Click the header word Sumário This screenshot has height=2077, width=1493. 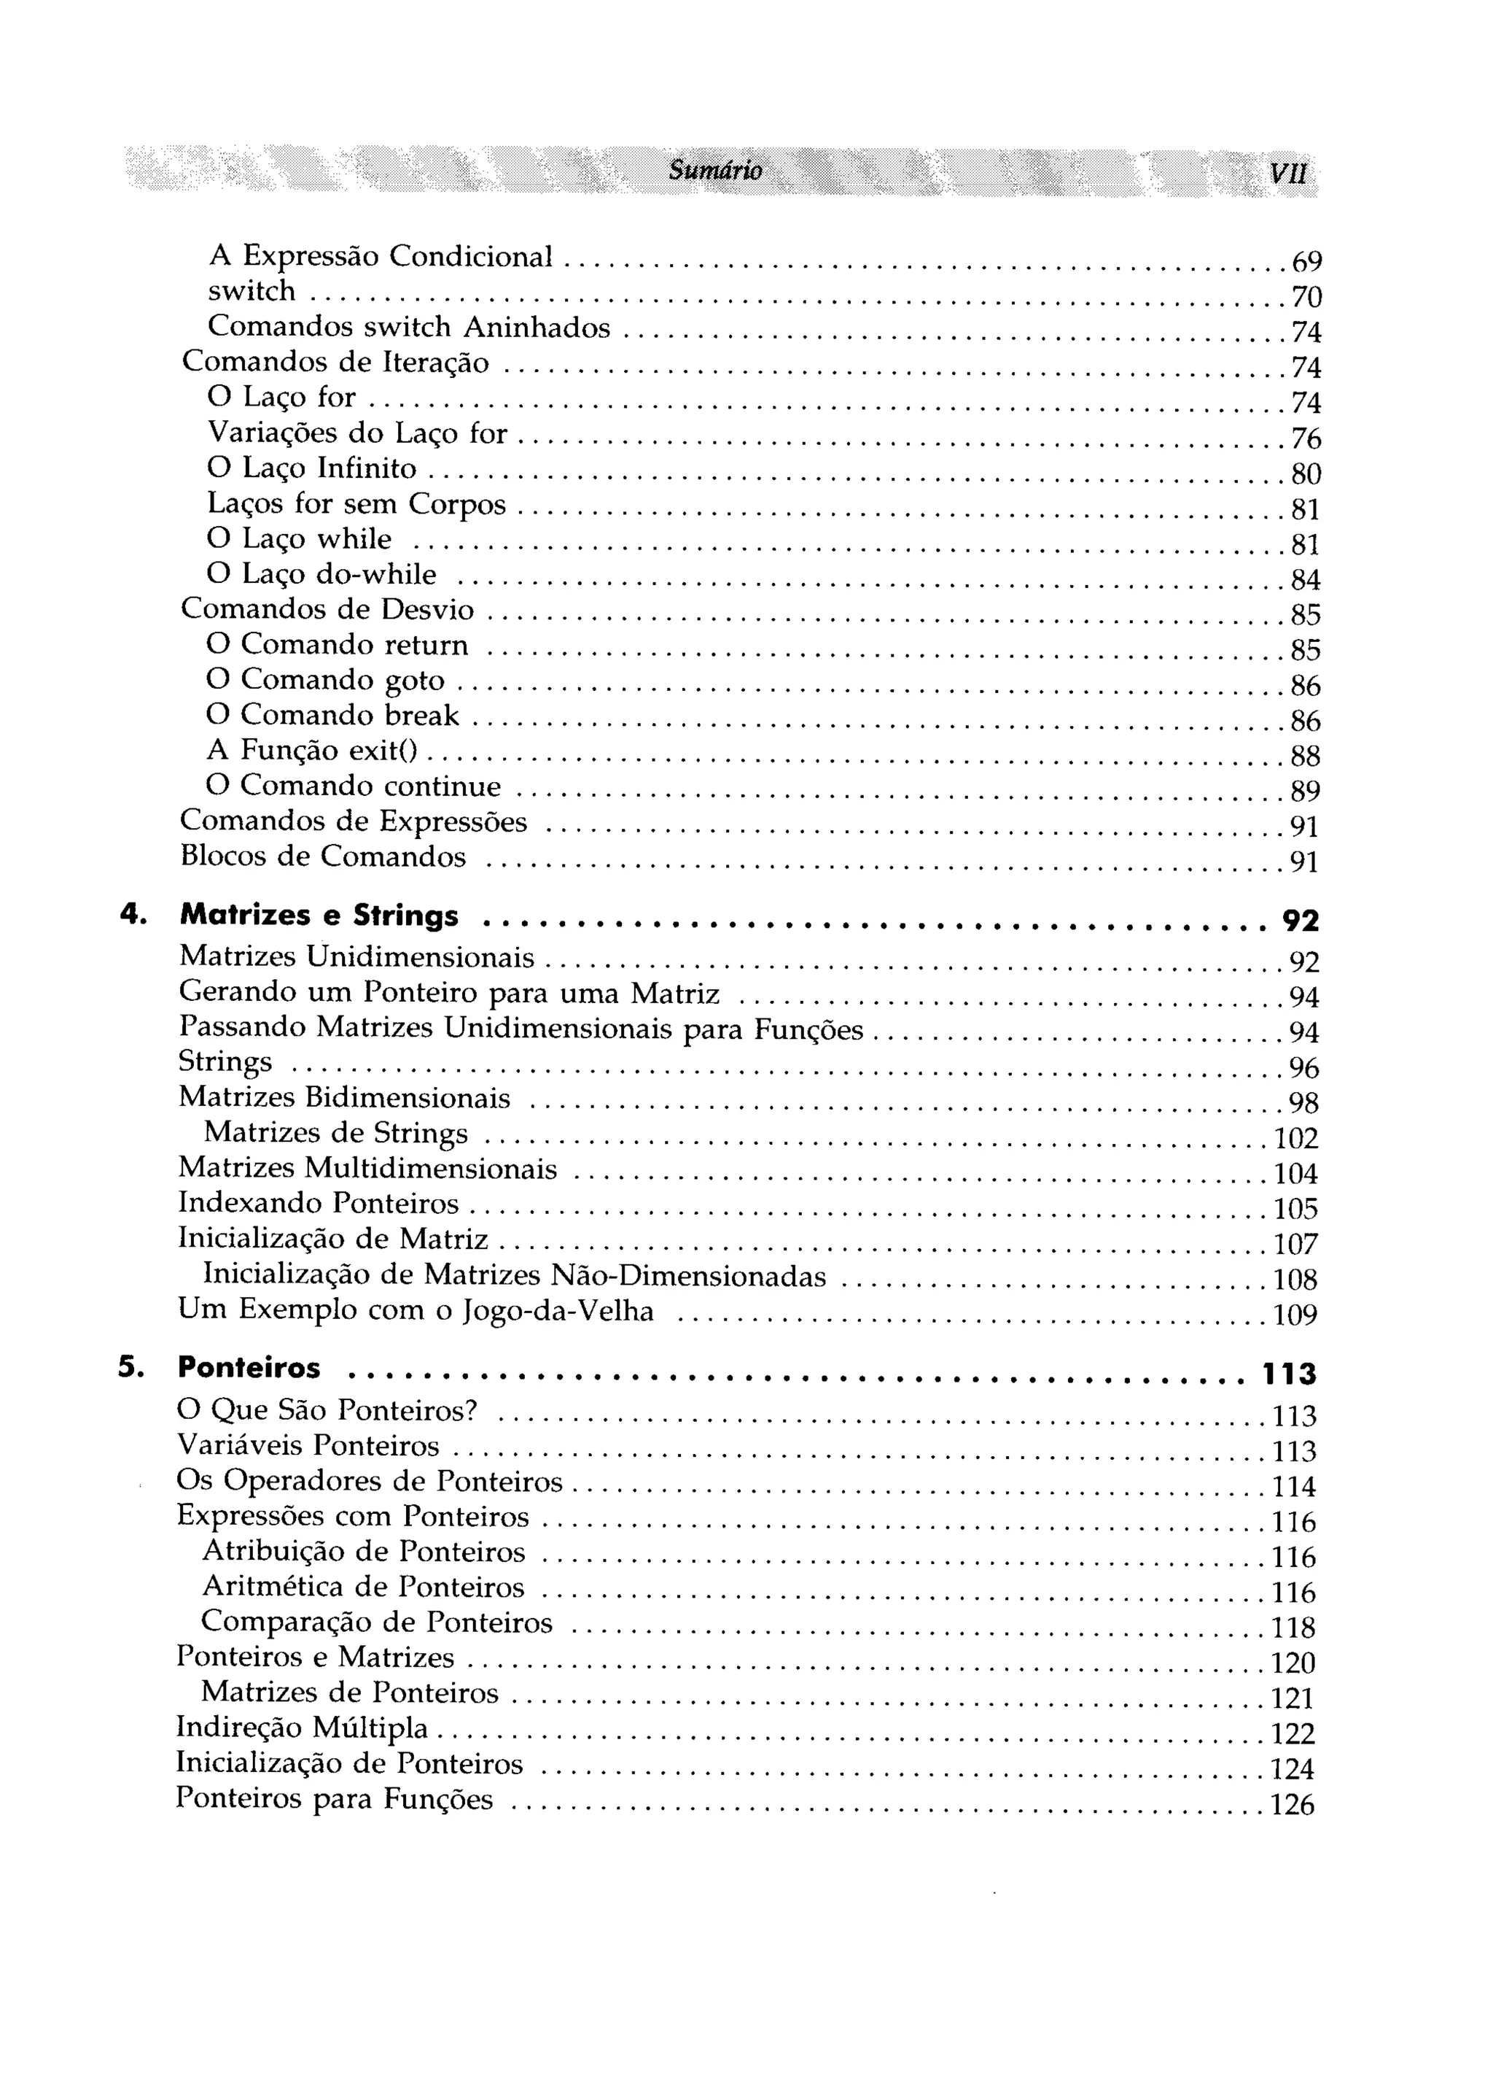click(x=715, y=170)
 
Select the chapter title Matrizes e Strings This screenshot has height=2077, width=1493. click(x=319, y=915)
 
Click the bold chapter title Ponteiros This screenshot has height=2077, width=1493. click(x=249, y=1368)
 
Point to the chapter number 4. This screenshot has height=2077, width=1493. click(x=133, y=914)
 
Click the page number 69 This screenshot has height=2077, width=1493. click(x=1306, y=263)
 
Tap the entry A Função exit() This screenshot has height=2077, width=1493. click(x=312, y=750)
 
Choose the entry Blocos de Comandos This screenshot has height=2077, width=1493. click(x=323, y=856)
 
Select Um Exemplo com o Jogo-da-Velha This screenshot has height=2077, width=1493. click(x=416, y=1312)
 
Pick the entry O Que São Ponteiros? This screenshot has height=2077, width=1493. click(x=328, y=1409)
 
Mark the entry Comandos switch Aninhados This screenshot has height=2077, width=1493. click(x=409, y=327)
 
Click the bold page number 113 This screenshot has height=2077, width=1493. click(x=1290, y=1374)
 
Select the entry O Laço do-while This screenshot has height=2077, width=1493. click(x=322, y=574)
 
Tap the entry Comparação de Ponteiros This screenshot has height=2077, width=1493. click(x=377, y=1622)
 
